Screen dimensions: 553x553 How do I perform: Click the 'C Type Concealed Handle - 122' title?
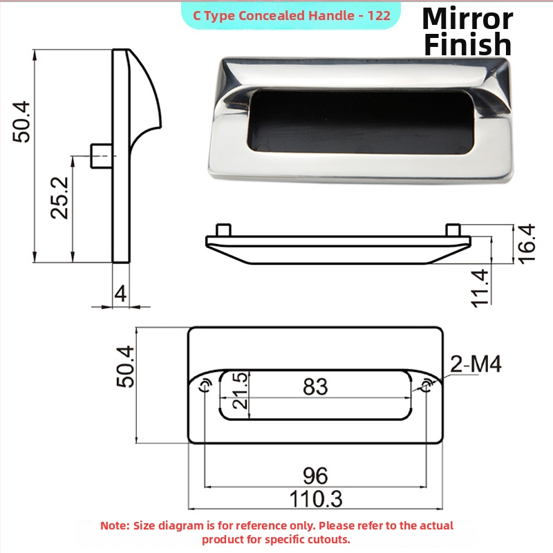291,15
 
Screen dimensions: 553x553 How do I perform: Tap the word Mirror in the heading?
467,19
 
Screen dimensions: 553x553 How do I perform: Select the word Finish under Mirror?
468,44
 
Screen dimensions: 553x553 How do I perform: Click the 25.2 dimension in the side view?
60,198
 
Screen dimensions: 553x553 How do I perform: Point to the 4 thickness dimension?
120,293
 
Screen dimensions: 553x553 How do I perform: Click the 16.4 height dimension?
526,243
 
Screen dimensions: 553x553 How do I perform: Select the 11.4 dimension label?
480,288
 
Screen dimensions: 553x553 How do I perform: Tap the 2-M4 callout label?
476,364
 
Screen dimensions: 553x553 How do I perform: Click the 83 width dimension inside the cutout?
315,386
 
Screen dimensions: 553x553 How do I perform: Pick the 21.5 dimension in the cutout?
241,391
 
